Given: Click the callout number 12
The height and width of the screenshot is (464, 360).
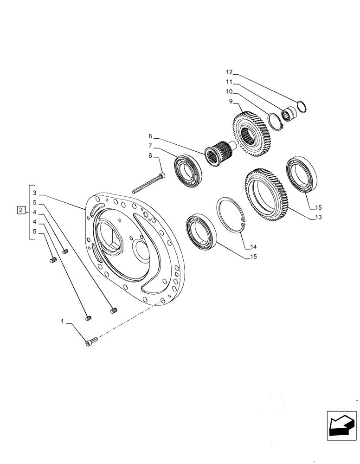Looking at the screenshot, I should [229, 72].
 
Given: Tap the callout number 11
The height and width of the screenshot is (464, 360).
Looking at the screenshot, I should [229, 82].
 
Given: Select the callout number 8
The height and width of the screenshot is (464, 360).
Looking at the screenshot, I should [150, 136].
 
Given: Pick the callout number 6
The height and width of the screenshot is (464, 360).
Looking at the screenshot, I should [150, 156].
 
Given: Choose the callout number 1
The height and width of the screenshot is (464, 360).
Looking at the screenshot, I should [63, 321].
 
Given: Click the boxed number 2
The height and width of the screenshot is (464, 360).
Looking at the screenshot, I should [20, 211].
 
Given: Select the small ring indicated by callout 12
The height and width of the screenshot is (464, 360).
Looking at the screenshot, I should [301, 107].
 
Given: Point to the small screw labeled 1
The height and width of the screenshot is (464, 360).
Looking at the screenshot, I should [91, 342].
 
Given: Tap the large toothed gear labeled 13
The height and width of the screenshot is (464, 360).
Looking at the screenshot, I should [267, 192].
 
